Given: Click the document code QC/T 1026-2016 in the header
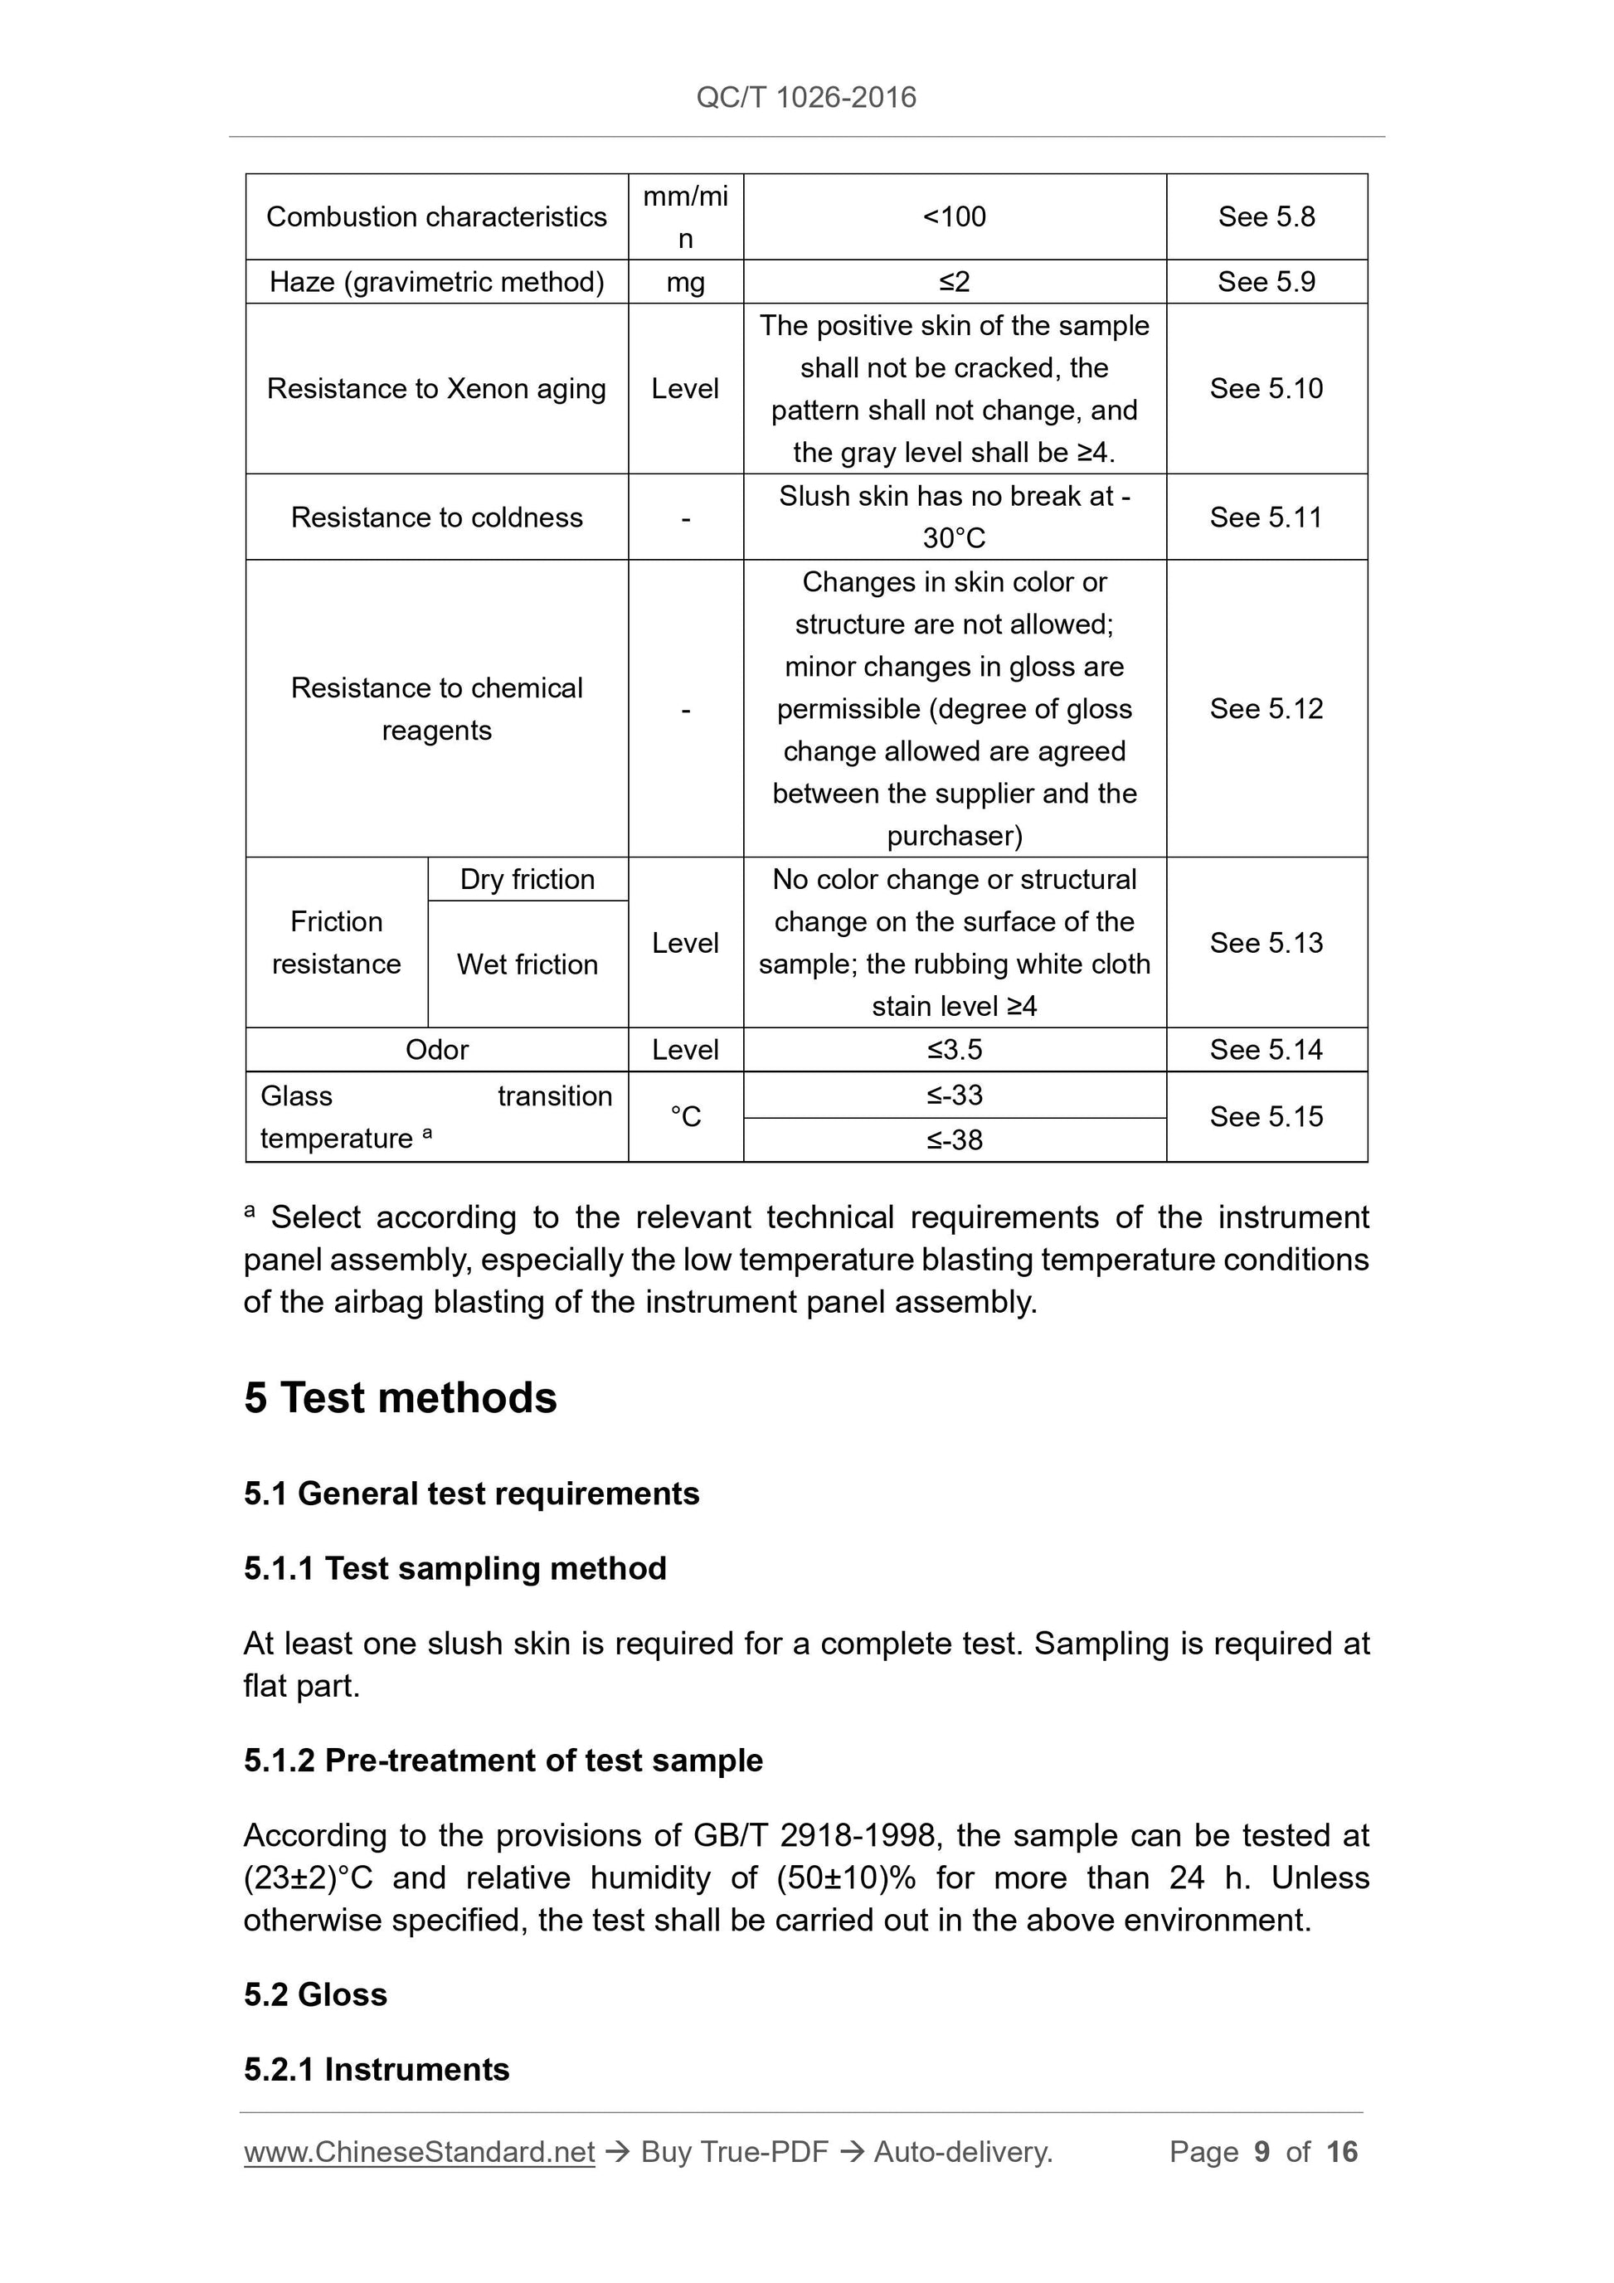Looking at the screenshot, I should [x=805, y=98].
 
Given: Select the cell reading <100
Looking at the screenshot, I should [x=954, y=216].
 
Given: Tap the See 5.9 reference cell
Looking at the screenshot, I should [x=1266, y=283].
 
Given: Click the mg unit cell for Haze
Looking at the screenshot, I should [x=685, y=283].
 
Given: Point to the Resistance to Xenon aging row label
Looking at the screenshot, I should [x=435, y=389].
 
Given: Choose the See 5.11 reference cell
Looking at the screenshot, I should [x=1266, y=517].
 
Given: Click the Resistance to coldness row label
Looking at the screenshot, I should [x=435, y=517].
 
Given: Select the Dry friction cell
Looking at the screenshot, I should [x=527, y=880].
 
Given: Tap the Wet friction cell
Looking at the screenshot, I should [x=527, y=964].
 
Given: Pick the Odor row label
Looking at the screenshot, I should [x=436, y=1050].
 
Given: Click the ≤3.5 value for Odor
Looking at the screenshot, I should [x=954, y=1050].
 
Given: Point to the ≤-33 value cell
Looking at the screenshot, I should [x=954, y=1095].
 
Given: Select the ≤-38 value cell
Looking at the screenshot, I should [x=954, y=1139].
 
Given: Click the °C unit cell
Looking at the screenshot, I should [x=685, y=1117].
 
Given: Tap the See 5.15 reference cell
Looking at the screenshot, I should [x=1266, y=1117].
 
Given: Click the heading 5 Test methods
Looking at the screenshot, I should [x=400, y=1398].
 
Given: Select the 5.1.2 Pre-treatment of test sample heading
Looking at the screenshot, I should [x=503, y=1761].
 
